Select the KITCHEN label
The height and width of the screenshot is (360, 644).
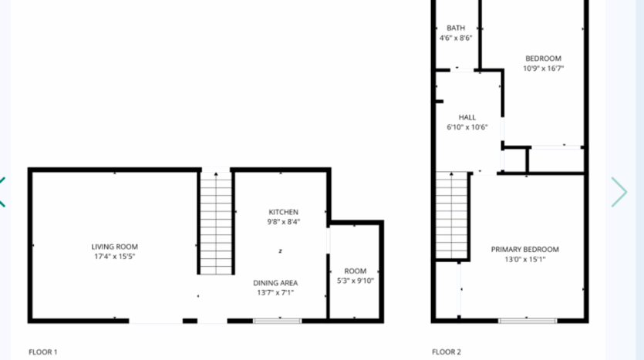[x=283, y=212]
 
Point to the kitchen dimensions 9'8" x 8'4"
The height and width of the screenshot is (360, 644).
[x=283, y=222]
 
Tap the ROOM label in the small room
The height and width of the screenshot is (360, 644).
[x=356, y=271]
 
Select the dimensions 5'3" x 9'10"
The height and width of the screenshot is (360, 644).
[x=356, y=281]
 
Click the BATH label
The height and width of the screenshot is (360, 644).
[x=456, y=28]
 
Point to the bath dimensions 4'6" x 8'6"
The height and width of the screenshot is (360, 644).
[x=456, y=38]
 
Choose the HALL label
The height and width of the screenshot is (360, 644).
[x=467, y=117]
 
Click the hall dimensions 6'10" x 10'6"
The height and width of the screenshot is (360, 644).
[x=467, y=127]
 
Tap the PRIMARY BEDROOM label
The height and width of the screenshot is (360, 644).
[x=525, y=249]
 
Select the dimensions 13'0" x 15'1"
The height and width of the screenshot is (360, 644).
[x=525, y=259]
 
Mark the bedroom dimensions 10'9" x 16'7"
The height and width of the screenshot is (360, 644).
[x=543, y=68]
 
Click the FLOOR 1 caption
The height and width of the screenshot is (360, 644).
[x=43, y=352]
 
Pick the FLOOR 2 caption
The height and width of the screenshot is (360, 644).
[x=447, y=352]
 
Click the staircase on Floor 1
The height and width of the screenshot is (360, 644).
[x=216, y=224]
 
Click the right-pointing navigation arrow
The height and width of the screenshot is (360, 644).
[x=619, y=192]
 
